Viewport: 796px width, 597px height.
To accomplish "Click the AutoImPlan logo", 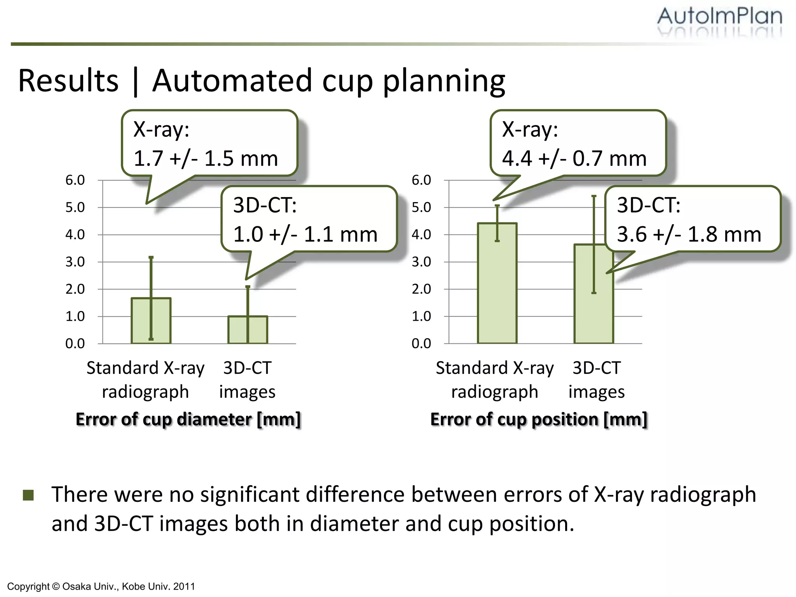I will pos(719,17).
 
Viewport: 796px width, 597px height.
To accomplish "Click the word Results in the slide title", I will pos(68,81).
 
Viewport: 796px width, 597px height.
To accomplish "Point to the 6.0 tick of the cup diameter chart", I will pos(75,180).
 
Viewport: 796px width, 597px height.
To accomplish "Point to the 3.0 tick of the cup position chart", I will pos(421,262).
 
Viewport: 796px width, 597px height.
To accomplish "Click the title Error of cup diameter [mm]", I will pos(189,419).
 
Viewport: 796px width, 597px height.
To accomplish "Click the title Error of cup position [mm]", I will pos(539,419).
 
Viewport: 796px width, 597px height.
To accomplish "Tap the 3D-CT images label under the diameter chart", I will pos(247,380).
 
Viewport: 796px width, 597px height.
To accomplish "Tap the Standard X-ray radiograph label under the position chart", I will pos(495,380).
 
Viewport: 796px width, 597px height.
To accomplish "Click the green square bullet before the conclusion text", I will pos(28,495).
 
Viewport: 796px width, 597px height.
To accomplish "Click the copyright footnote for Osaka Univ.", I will pos(101,586).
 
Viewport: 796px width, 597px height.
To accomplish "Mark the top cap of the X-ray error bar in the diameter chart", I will pos(151,257).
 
